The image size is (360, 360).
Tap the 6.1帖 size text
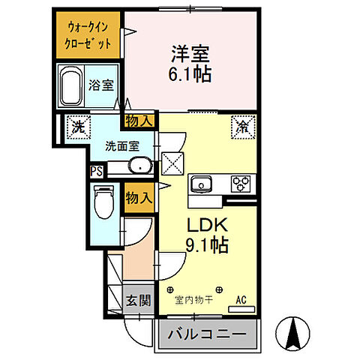(x=190, y=73)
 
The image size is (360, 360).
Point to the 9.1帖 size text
(x=202, y=244)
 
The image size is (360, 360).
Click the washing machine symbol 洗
(x=77, y=127)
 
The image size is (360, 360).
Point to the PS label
(x=97, y=171)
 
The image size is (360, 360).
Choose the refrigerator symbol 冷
(x=243, y=127)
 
